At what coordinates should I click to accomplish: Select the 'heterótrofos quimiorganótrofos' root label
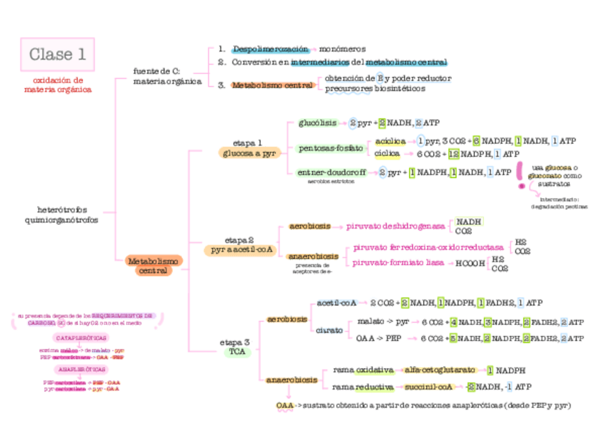tap(67, 215)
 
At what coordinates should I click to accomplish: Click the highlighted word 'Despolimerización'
tap(271, 49)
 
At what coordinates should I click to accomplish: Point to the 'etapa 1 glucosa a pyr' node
tap(249, 148)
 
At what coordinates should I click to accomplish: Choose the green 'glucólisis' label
tap(317, 123)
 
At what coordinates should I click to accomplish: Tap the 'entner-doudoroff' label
tap(331, 172)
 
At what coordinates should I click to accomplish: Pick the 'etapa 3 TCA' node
tap(236, 347)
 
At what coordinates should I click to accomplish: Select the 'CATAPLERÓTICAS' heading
tap(82, 338)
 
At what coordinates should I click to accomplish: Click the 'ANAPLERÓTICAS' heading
tap(82, 370)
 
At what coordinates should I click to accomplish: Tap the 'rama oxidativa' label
tap(359, 370)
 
